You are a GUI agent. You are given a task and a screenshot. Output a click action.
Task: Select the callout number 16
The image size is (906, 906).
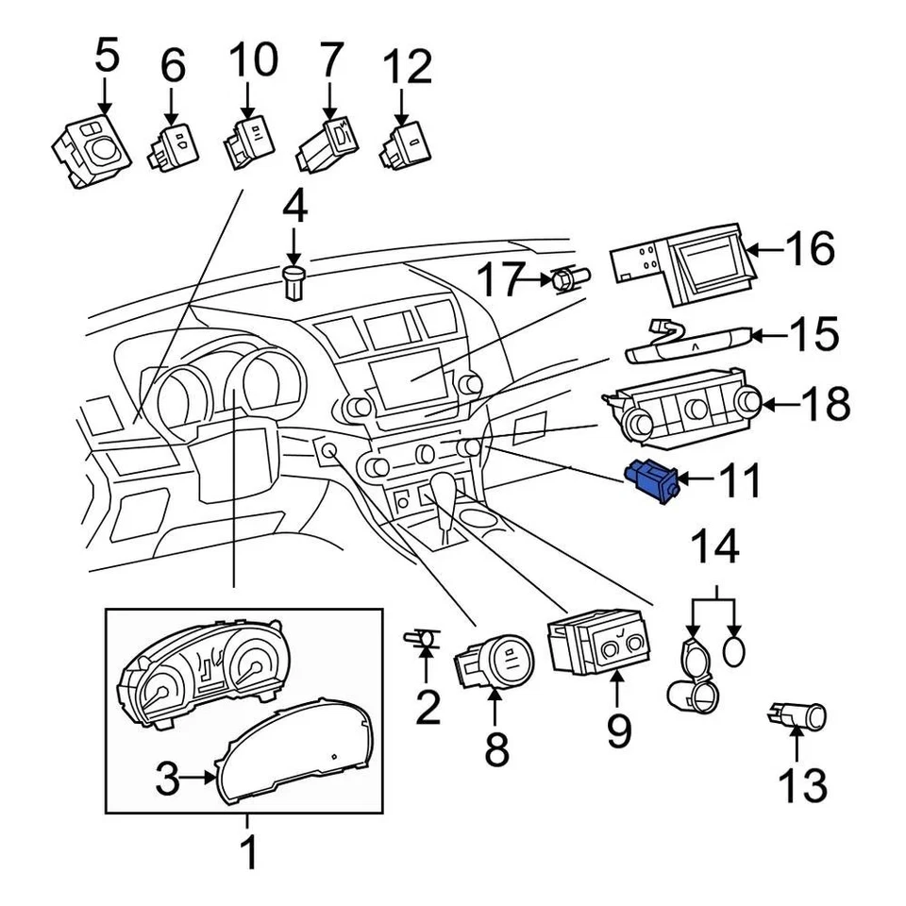coord(809,249)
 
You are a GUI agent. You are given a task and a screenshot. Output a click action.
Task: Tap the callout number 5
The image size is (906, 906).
coord(107,57)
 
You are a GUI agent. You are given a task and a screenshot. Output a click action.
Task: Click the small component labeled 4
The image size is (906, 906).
coord(294,281)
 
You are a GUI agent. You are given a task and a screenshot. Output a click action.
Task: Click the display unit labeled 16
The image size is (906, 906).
coord(684,256)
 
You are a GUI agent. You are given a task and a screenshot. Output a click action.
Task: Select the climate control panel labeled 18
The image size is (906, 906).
coord(681,411)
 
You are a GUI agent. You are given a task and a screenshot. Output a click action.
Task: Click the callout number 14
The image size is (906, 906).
coord(716,546)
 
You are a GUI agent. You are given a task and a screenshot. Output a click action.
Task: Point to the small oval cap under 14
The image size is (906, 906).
coord(737,649)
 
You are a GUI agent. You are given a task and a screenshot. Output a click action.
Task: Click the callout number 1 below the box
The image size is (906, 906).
coord(248,853)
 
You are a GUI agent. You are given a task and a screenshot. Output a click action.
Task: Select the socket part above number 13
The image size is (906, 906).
coord(798,719)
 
